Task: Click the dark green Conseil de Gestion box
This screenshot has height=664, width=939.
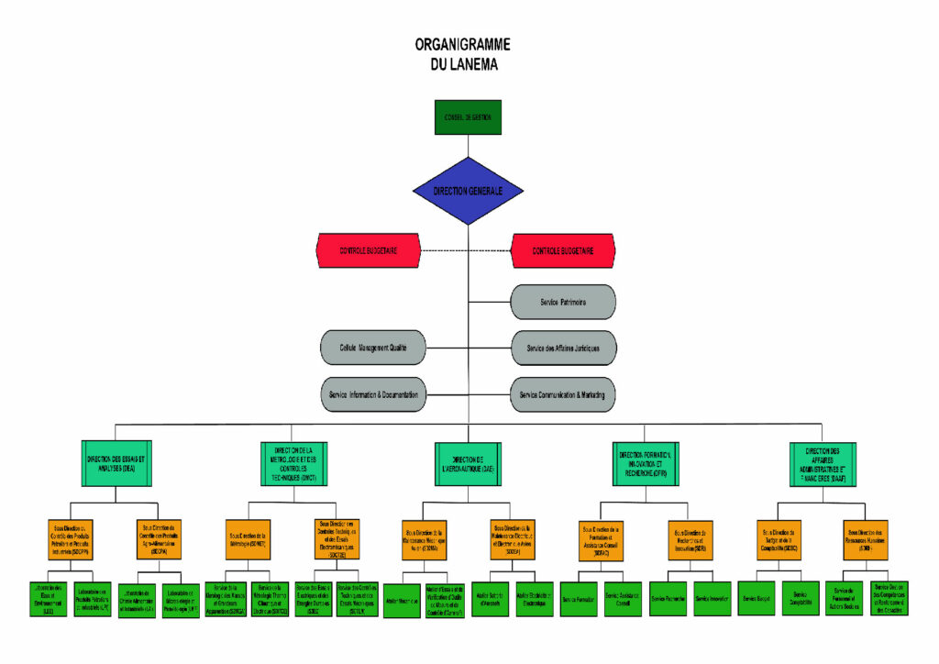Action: click(x=468, y=116)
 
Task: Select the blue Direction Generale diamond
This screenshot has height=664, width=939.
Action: click(x=468, y=191)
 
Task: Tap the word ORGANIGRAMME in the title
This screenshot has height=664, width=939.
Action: click(x=462, y=45)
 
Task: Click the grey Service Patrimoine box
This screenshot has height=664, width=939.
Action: click(x=562, y=302)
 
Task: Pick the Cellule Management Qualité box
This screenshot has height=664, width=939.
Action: click(x=373, y=349)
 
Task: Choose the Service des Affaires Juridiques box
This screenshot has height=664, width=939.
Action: click(x=562, y=349)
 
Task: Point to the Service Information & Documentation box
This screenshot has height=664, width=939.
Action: click(x=373, y=394)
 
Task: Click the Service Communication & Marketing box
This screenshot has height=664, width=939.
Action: click(x=562, y=394)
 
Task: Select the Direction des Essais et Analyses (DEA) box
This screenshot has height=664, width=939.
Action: click(x=116, y=463)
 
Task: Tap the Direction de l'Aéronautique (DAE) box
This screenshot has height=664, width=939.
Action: click(x=468, y=463)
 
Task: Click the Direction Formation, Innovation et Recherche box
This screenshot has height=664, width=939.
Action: click(x=645, y=463)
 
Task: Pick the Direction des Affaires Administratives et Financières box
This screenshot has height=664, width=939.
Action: click(x=823, y=463)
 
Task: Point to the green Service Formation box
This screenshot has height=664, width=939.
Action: click(x=579, y=598)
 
